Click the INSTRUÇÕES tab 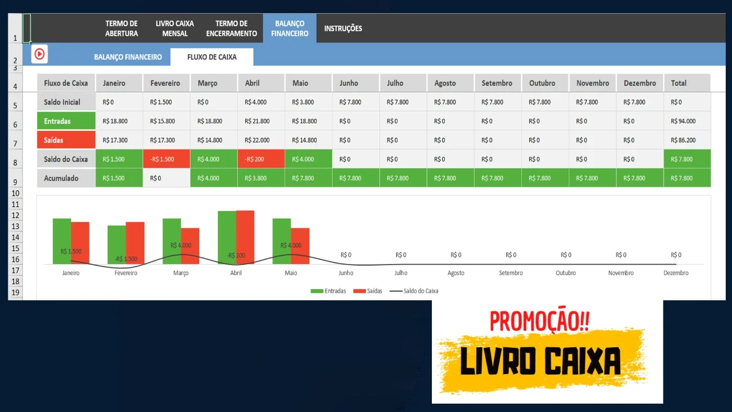coord(343,28)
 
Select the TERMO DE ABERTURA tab coord(121,28)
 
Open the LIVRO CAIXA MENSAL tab coord(175,28)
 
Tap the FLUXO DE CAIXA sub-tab coord(212,57)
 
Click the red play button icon coord(40,54)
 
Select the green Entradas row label coord(66,121)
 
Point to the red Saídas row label coord(66,140)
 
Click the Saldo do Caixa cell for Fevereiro coord(166,159)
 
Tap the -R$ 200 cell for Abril coord(261,159)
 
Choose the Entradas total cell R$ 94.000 coord(687,121)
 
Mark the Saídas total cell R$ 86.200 coord(687,140)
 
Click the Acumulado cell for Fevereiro coord(166,178)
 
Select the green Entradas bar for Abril coord(227,237)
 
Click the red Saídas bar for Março coord(190,246)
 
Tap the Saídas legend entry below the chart coord(368,291)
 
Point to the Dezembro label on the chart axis coord(676,273)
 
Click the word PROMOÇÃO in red coord(539,321)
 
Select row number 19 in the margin coord(15,292)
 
